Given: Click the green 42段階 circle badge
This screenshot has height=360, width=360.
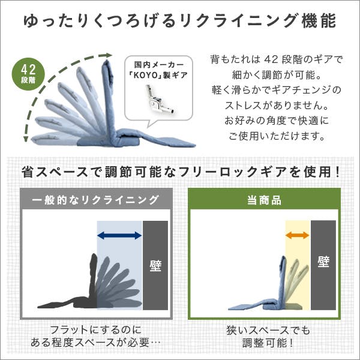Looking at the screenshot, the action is [28, 74].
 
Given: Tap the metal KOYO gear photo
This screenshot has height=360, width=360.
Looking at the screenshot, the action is [158, 100].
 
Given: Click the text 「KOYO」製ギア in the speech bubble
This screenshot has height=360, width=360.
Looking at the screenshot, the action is [158, 75].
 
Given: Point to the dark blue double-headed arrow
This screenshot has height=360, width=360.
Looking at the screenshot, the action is [119, 235].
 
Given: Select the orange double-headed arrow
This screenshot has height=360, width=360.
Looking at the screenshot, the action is [298, 235].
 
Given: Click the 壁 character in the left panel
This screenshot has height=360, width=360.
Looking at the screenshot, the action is [155, 266].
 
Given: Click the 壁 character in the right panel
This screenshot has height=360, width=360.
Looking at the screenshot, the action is [323, 262].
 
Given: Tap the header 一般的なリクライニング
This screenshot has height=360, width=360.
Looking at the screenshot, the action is [95, 200].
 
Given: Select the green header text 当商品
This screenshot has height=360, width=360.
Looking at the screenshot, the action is [264, 200].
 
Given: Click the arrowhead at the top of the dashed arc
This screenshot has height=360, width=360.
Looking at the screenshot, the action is [109, 55].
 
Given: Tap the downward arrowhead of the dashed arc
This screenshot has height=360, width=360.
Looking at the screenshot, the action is [26, 139].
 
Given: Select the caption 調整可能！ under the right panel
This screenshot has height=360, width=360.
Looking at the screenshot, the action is [268, 343].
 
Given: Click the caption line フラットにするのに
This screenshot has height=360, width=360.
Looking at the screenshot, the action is [96, 330].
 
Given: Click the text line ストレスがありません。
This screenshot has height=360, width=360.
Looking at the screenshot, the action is [277, 106].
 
